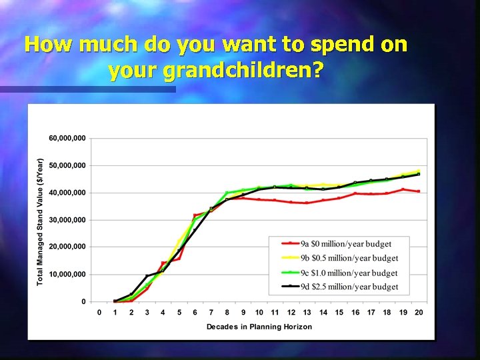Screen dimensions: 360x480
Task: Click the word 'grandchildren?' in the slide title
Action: (215, 70)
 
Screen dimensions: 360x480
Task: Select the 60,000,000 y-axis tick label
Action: (67, 138)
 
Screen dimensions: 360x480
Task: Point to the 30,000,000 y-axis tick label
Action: (67, 220)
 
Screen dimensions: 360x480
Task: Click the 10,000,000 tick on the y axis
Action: (67, 274)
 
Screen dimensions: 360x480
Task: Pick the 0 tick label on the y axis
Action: (83, 301)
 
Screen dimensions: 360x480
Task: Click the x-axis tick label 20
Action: (419, 312)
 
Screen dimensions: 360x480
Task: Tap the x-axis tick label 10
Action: (259, 312)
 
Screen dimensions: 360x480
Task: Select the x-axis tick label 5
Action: (179, 312)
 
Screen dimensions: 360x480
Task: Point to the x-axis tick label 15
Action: (339, 312)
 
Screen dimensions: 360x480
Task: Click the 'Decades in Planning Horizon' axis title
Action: (259, 327)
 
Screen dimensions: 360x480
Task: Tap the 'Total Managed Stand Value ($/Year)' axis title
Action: (40, 221)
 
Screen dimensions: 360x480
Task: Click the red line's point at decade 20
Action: (419, 191)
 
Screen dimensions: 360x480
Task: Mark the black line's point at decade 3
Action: (147, 276)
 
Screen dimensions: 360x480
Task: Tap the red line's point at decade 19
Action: (403, 189)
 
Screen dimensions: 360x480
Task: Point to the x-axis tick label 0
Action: (99, 312)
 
